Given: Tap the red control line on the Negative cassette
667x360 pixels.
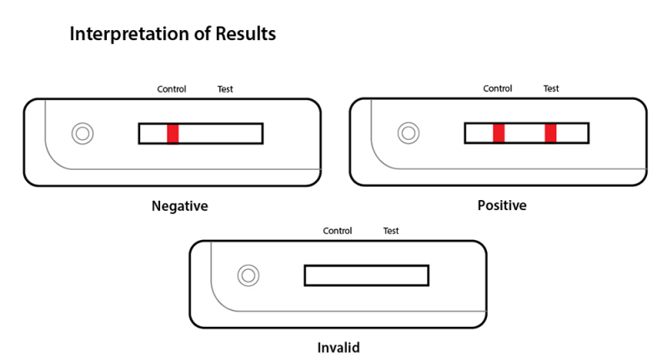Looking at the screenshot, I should [x=173, y=133].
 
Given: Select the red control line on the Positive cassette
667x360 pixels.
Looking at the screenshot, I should [x=498, y=133].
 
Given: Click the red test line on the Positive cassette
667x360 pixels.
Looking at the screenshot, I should [x=550, y=133].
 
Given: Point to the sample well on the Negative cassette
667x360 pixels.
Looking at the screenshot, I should [x=83, y=133].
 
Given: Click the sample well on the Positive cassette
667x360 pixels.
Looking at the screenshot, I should [x=408, y=133].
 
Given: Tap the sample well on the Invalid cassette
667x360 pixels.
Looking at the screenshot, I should [x=248, y=275].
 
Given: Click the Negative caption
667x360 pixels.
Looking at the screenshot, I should [x=179, y=205].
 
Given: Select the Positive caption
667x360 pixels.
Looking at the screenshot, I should [x=501, y=205].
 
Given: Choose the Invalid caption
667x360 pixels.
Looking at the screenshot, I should [x=339, y=346].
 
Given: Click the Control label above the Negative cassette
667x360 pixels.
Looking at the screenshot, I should [x=172, y=89].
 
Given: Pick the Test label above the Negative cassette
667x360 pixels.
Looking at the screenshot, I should [x=225, y=89].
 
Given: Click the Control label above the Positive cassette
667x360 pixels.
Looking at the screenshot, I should [x=498, y=88].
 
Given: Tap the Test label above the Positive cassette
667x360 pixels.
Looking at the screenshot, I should [x=551, y=88].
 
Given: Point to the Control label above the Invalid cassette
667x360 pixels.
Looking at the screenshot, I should [x=337, y=231].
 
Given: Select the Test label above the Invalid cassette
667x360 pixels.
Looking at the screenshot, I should [x=390, y=231].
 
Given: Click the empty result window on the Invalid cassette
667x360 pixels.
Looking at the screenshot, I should [x=366, y=275].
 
